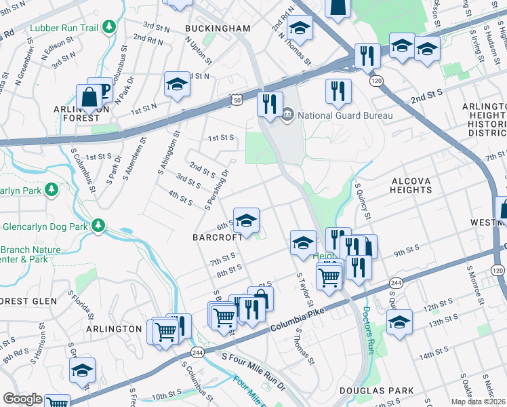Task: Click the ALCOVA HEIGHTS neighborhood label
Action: point(411,185)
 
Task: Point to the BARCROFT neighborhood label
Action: point(217,237)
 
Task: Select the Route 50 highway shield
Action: point(237,100)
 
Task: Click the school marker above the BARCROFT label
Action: point(247,220)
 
